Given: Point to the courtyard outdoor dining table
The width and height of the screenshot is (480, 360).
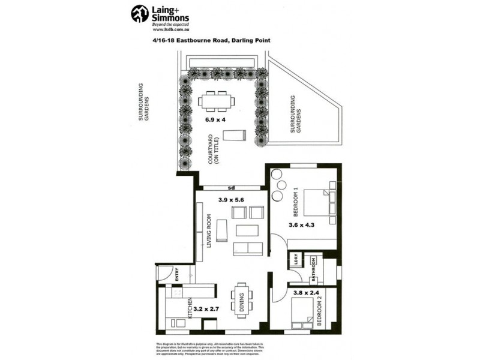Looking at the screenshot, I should tap(217, 101).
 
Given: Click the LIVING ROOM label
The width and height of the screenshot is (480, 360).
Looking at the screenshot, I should tap(209, 231).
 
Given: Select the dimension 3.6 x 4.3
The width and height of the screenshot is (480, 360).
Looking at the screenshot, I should tap(301, 226).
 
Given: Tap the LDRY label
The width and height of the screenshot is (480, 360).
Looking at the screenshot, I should tap(296, 260).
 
